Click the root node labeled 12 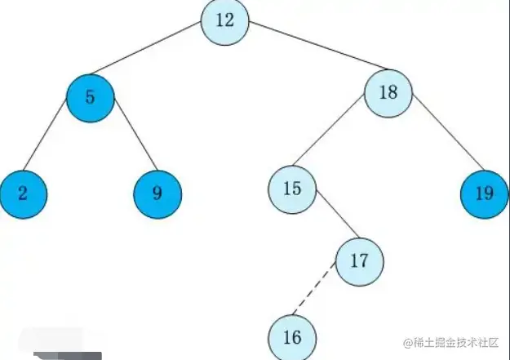point(226,21)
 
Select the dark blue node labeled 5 point(90,97)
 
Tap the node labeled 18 point(388,91)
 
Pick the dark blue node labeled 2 point(23,193)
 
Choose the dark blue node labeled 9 point(157,193)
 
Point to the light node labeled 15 point(292,189)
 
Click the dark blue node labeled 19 point(484,193)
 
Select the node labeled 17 point(358,262)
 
